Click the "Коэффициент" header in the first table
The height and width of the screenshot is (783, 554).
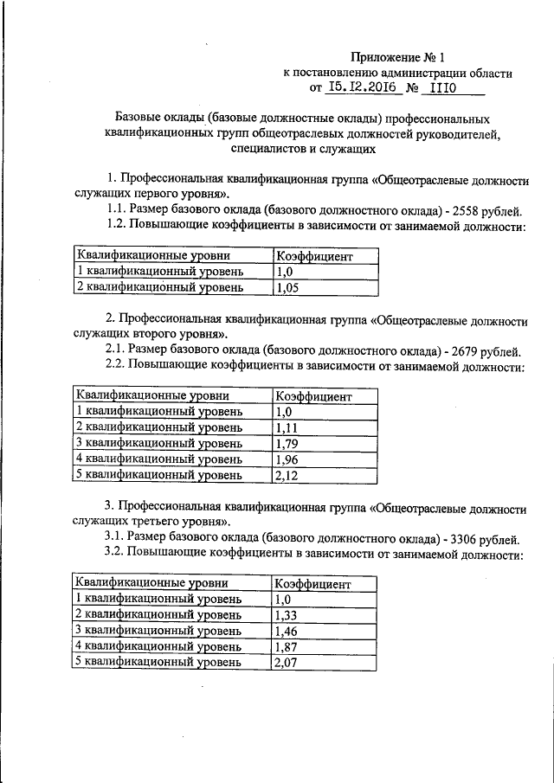pos(312,256)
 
